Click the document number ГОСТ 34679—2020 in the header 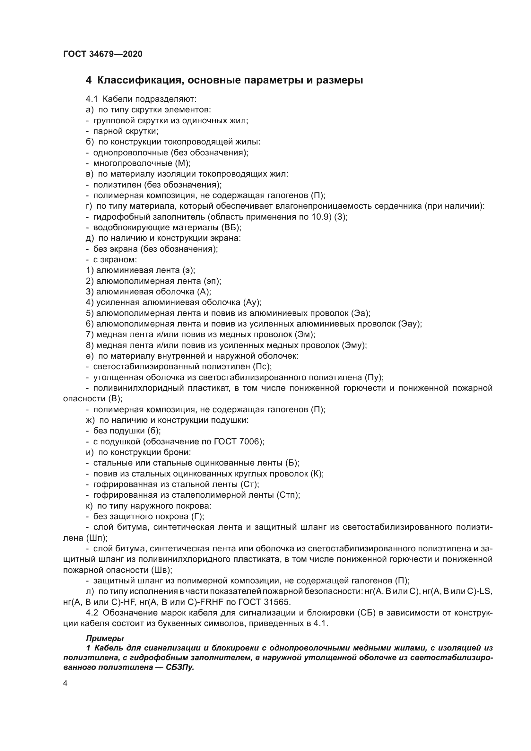[103, 54]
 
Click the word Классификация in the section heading [138, 80]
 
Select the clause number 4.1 [92, 99]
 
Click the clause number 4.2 [92, 613]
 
